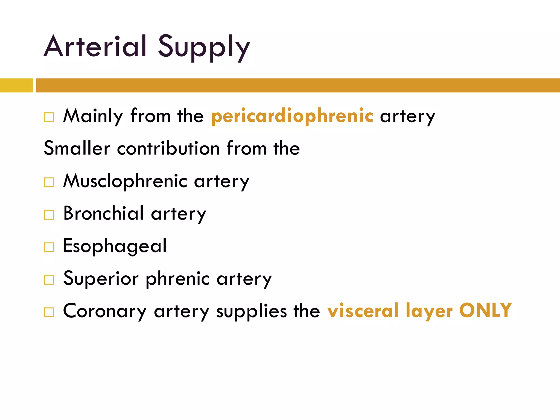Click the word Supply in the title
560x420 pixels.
pyautogui.click(x=204, y=48)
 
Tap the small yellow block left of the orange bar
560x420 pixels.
pyautogui.click(x=16, y=85)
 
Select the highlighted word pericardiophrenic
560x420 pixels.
pyautogui.click(x=292, y=116)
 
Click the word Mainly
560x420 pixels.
pyautogui.click(x=93, y=116)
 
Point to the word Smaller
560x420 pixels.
pyautogui.click(x=77, y=148)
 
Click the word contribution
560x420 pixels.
pyautogui.click(x=168, y=148)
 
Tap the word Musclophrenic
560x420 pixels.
pyautogui.click(x=125, y=181)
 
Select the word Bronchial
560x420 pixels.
pyautogui.click(x=103, y=213)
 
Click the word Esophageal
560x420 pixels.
pyautogui.click(x=115, y=246)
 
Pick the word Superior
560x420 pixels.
pyautogui.click(x=101, y=279)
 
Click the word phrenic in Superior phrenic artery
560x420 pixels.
pyautogui.click(x=178, y=279)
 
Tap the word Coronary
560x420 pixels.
pyautogui.click(x=105, y=311)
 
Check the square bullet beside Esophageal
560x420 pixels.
pyautogui.click(x=49, y=247)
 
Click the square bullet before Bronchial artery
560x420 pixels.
pyautogui.click(x=49, y=215)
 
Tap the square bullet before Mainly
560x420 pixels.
pyautogui.click(x=49, y=117)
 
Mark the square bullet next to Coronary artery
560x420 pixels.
pyautogui.click(x=49, y=312)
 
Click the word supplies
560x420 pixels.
pyautogui.click(x=252, y=311)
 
